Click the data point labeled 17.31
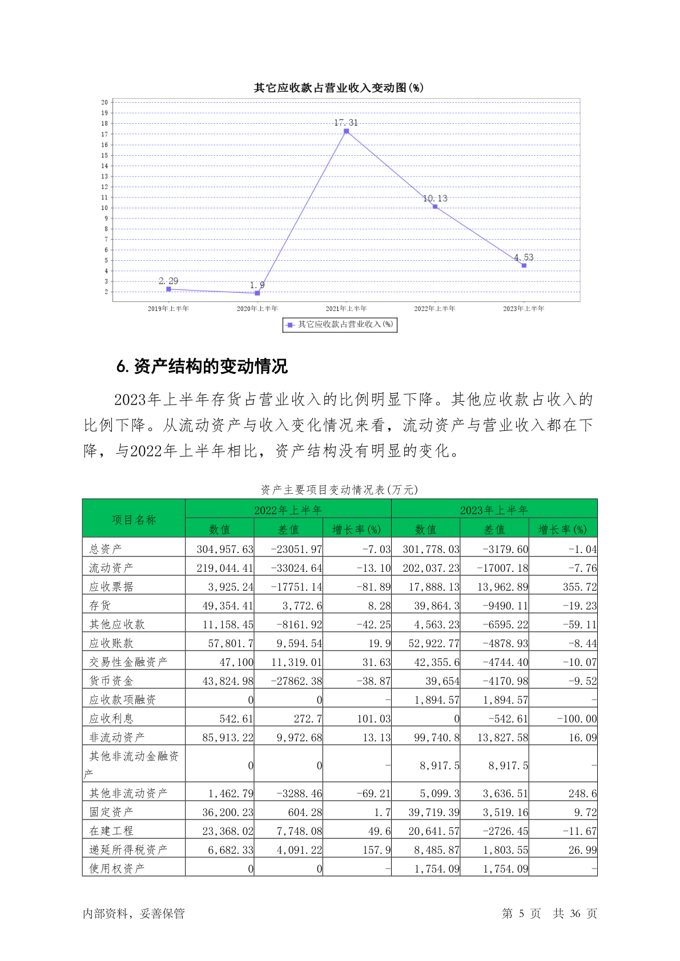tap(346, 131)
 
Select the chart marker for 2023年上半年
tap(524, 265)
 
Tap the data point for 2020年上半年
tap(257, 293)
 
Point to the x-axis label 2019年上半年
tap(168, 309)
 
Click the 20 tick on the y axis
tap(104, 103)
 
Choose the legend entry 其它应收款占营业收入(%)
tap(340, 325)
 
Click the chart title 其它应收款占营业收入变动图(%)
tap(339, 88)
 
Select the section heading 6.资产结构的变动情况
tap(202, 366)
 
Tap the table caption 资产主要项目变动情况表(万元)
tap(339, 490)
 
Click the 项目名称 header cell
tap(134, 519)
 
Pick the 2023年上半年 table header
tap(494, 510)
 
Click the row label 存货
tap(100, 605)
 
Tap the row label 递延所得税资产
tap(128, 850)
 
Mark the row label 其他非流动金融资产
tap(134, 757)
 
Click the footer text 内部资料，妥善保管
tap(134, 914)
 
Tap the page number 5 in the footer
tap(521, 914)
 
